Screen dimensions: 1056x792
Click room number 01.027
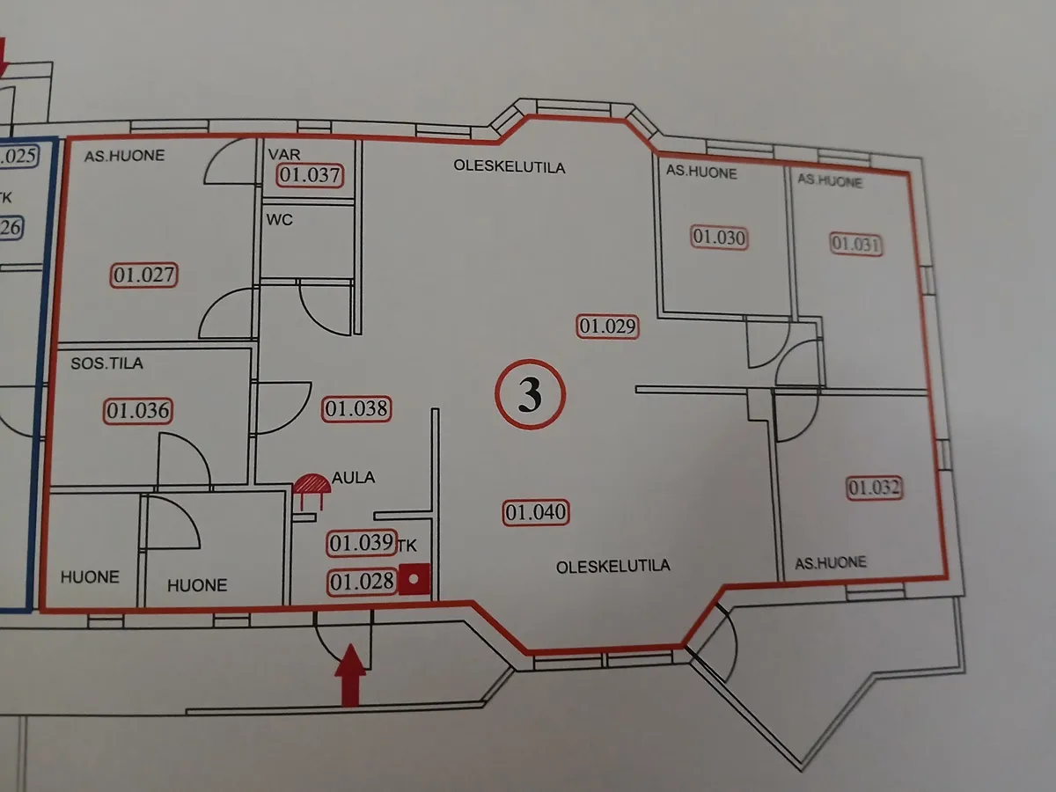[x=143, y=275]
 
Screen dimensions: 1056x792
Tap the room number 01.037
[x=310, y=175]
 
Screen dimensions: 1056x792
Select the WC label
[x=280, y=220]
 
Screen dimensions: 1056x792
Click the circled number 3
[x=530, y=394]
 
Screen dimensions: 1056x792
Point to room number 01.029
[x=607, y=326]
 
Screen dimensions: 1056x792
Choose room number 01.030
[x=719, y=238]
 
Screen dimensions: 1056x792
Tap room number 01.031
[x=856, y=245]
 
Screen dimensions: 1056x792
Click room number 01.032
[x=874, y=488]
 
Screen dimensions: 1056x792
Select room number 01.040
[x=535, y=513]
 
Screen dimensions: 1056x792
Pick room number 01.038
[x=356, y=409]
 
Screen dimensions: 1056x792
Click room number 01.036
[x=138, y=411]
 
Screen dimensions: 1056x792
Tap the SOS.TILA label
[x=106, y=363]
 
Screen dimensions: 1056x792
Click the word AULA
[x=353, y=478]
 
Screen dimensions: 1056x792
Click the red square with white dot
[x=414, y=579]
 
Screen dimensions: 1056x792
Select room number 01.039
[x=362, y=543]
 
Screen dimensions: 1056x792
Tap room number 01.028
[x=362, y=583]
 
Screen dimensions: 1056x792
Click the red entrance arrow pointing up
[x=350, y=675]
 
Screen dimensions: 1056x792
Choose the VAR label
[x=284, y=154]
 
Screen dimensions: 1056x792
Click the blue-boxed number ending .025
[x=19, y=157]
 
